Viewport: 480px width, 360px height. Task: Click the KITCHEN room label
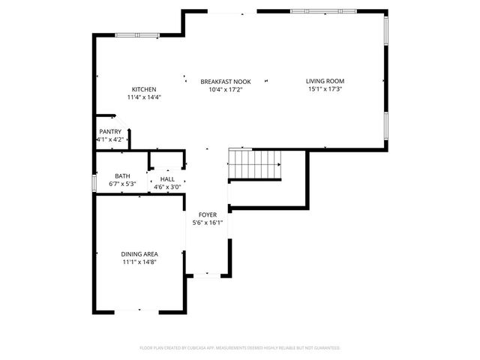[x=144, y=89]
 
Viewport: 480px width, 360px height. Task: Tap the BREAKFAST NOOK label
[x=225, y=82]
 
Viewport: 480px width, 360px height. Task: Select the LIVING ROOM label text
[x=325, y=82]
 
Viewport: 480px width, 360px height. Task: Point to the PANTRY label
[x=110, y=132]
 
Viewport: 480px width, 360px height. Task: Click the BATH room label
[x=121, y=175]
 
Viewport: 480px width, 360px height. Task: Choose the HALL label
[x=167, y=179]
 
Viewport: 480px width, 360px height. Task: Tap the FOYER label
[x=208, y=214]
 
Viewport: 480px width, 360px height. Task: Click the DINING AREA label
[x=140, y=254]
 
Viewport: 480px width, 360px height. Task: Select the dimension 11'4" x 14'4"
[x=144, y=97]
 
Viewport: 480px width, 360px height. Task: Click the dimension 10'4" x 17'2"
[x=225, y=89]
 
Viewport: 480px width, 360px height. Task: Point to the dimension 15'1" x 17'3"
[x=325, y=89]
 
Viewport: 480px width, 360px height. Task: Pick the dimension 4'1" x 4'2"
[x=110, y=139]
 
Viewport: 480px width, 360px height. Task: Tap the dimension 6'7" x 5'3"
[x=121, y=183]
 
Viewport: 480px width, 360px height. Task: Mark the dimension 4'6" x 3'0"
[x=167, y=187]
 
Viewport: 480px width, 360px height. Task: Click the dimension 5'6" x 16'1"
[x=208, y=222]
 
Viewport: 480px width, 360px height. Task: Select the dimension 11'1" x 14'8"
[x=140, y=262]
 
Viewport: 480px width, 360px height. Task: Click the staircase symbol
[x=254, y=164]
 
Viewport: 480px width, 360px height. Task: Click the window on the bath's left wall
[x=94, y=183]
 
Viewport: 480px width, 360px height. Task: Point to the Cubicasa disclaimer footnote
[x=240, y=348]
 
